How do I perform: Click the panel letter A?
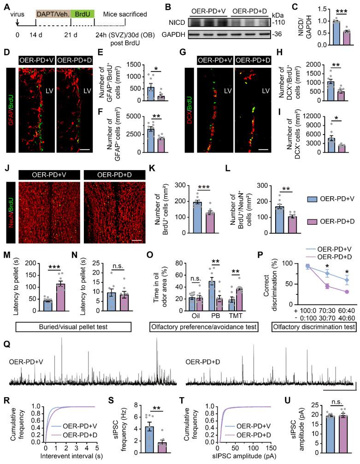point(6,6)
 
